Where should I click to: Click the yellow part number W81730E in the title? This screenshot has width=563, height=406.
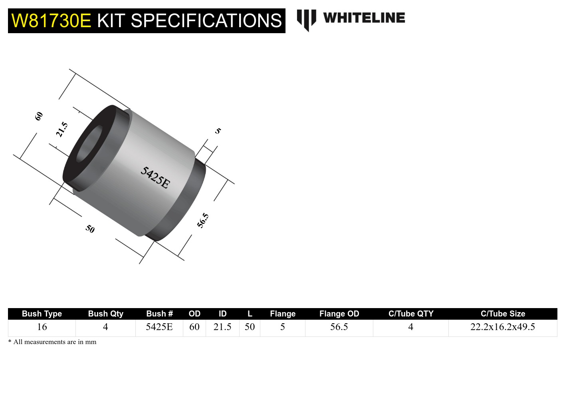tap(51, 21)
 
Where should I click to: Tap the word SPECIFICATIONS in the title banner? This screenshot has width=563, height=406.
tap(206, 21)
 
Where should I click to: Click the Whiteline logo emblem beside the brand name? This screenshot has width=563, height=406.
tap(306, 20)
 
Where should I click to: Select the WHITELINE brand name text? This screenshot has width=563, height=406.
tap(364, 18)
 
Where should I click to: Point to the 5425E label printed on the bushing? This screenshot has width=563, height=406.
tap(155, 177)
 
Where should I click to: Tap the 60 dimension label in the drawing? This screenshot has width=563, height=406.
tap(39, 116)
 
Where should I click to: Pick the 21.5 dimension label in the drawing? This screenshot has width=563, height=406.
tap(62, 130)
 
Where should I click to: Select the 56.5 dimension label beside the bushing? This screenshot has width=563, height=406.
tap(203, 220)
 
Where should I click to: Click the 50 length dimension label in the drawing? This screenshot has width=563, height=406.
tap(90, 229)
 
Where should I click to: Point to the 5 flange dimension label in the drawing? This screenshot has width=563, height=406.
tap(218, 131)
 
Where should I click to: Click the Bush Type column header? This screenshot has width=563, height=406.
tap(42, 314)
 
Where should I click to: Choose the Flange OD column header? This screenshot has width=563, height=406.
tap(339, 314)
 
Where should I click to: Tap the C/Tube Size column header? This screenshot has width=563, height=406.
tap(503, 314)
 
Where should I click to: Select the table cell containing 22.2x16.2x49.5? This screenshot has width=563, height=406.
tap(502, 327)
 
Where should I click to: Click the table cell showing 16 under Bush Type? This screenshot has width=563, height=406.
tap(42, 327)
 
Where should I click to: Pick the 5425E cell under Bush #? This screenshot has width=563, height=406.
tap(159, 327)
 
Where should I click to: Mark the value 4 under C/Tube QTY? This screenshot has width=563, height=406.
tap(410, 327)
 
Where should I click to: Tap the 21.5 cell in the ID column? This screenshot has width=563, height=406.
tap(222, 327)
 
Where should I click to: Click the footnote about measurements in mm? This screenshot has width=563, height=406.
tap(52, 342)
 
